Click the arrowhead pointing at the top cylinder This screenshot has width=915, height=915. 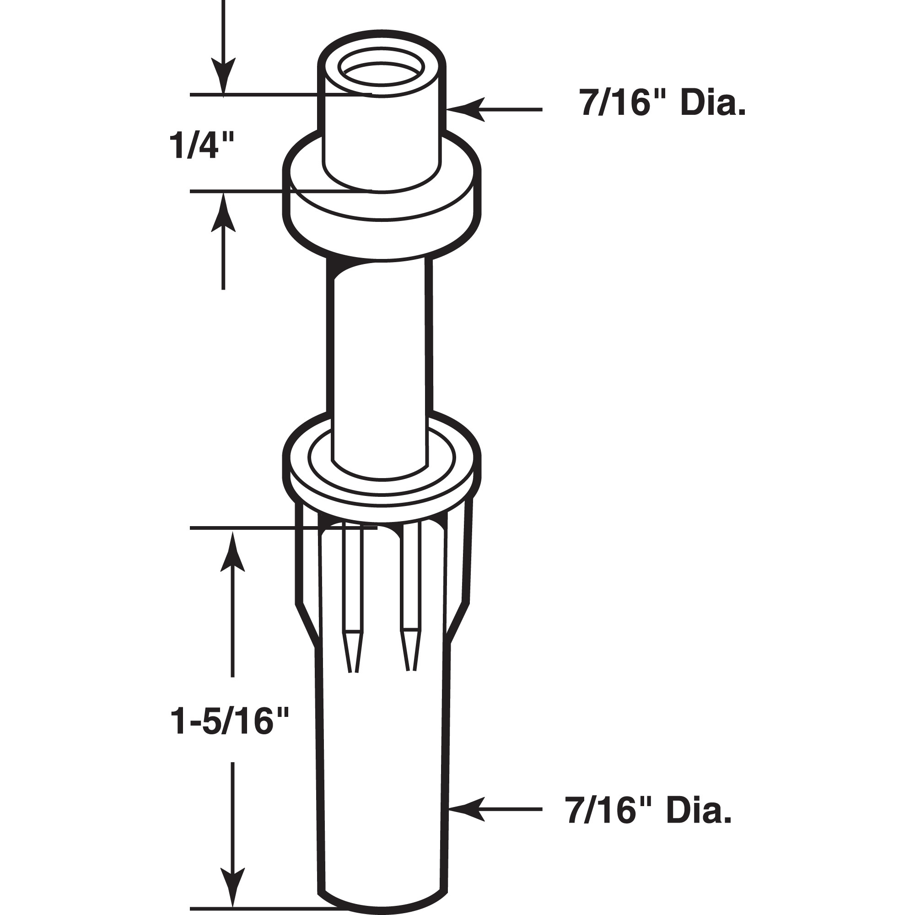click(471, 109)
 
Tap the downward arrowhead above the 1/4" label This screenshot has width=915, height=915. click(223, 76)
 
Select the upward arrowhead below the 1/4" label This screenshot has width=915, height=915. click(223, 213)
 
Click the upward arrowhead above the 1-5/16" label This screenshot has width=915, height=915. click(232, 554)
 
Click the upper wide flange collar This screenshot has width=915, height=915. click(382, 208)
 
